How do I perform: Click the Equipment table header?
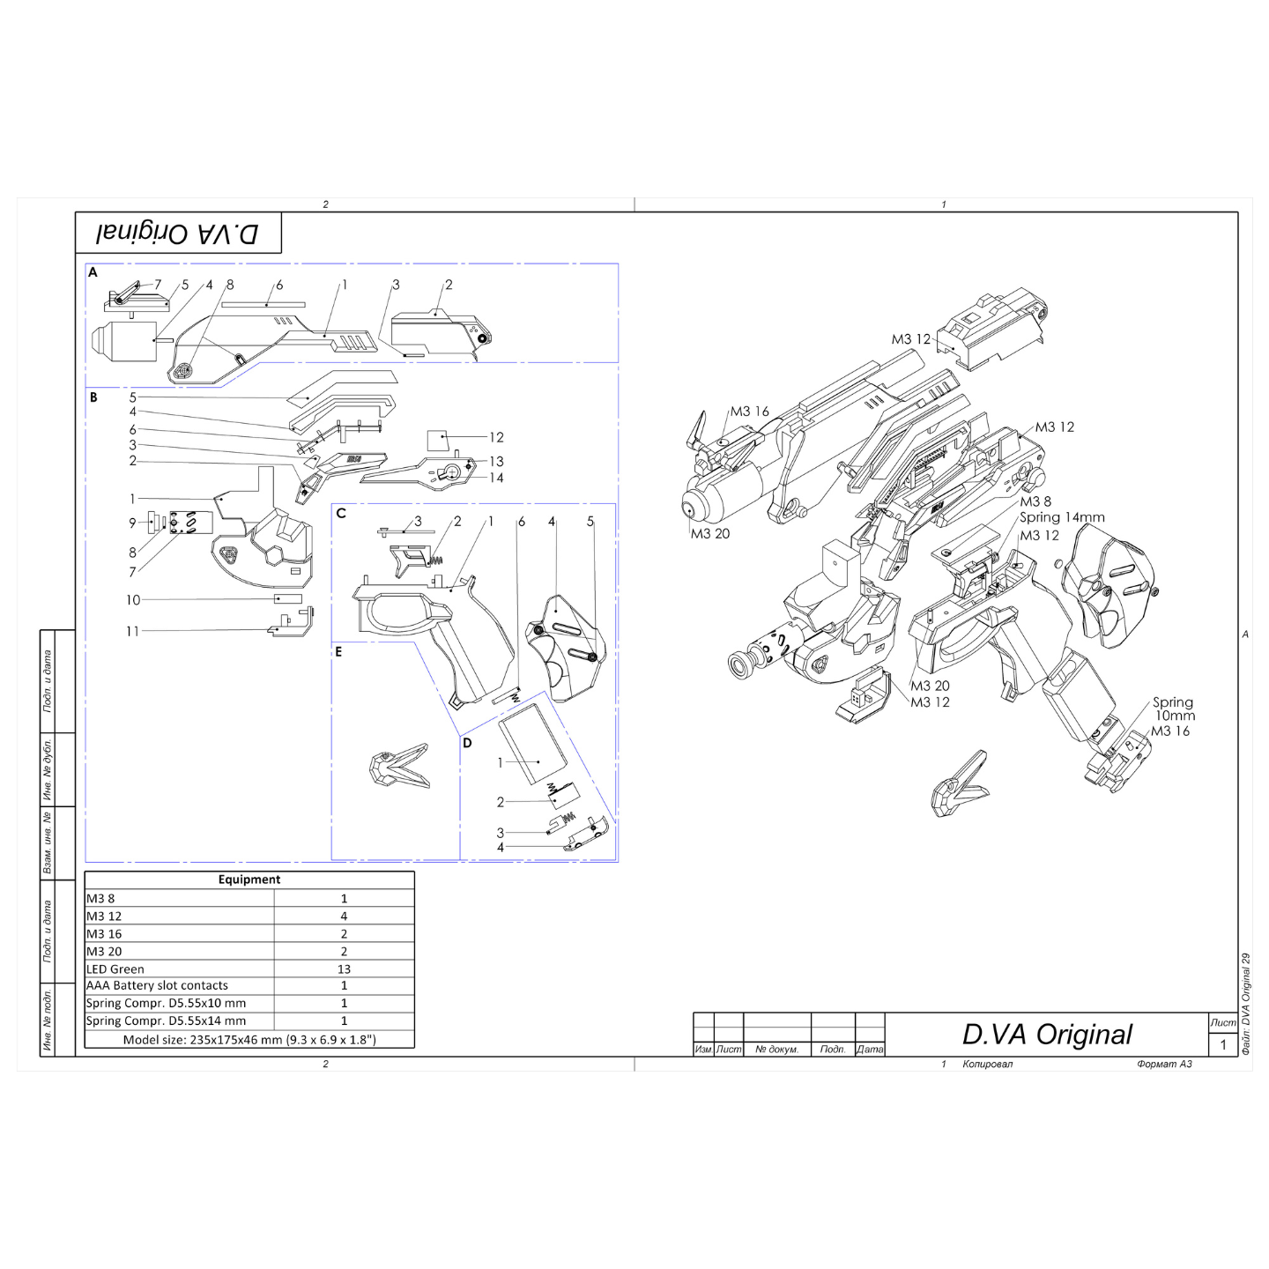[x=249, y=879]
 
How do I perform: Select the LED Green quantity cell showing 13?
[x=344, y=969]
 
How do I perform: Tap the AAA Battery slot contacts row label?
[x=157, y=986]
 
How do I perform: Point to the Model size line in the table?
[x=249, y=1040]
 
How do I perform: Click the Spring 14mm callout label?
[x=1062, y=517]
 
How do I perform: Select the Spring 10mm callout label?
[x=1174, y=709]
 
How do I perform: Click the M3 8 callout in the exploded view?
[x=1035, y=501]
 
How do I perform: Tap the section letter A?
[x=93, y=272]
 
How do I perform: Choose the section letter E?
[x=338, y=652]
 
